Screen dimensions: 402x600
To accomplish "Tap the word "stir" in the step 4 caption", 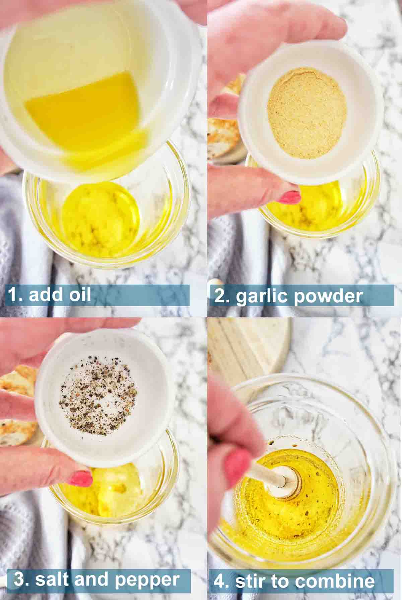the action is [249, 580].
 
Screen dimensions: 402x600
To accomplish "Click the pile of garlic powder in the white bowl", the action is [307, 113].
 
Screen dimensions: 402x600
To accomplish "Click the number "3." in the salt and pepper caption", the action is [21, 579].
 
